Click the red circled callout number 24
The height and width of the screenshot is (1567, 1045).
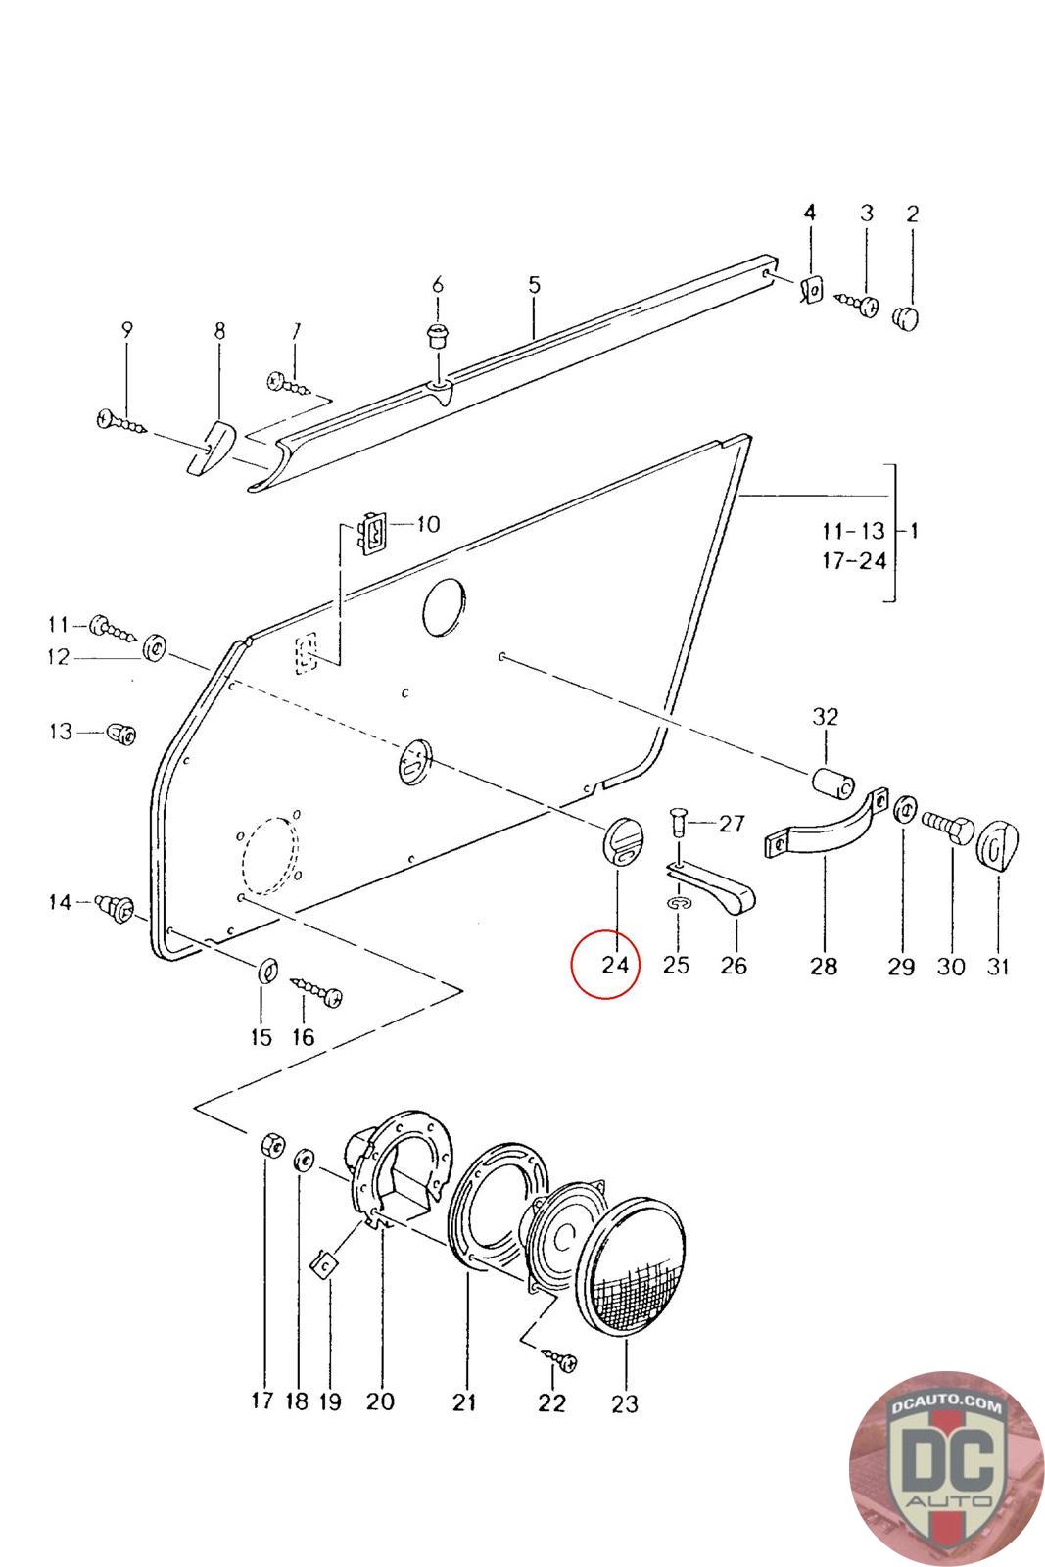click(x=615, y=965)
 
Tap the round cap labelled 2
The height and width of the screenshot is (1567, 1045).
click(x=905, y=318)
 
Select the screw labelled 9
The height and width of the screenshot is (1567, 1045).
click(x=121, y=422)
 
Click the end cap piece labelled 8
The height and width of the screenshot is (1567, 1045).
click(x=213, y=449)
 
